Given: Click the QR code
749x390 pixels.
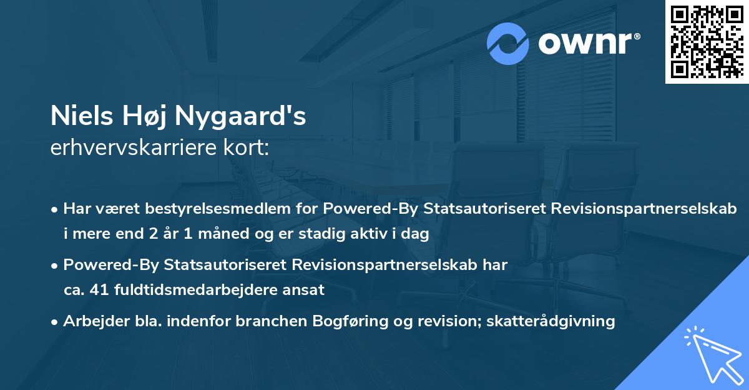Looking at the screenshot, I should [707, 42].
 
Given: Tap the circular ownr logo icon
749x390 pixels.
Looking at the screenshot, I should [508, 43].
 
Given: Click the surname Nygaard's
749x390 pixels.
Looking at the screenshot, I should [241, 117].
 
